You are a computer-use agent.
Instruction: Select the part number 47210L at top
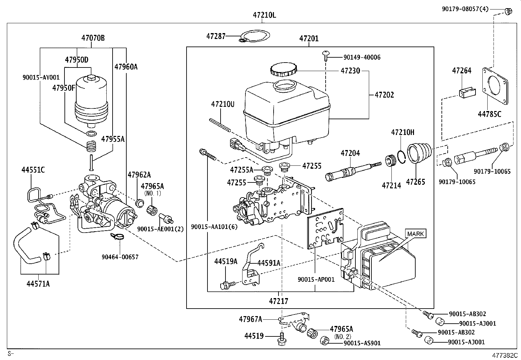click(264, 15)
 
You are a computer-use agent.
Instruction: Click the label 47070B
click(93, 38)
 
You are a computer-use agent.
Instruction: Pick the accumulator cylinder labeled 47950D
click(91, 98)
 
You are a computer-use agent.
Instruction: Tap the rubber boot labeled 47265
click(419, 152)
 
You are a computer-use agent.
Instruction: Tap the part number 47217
click(279, 301)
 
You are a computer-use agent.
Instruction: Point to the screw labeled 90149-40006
click(326, 56)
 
